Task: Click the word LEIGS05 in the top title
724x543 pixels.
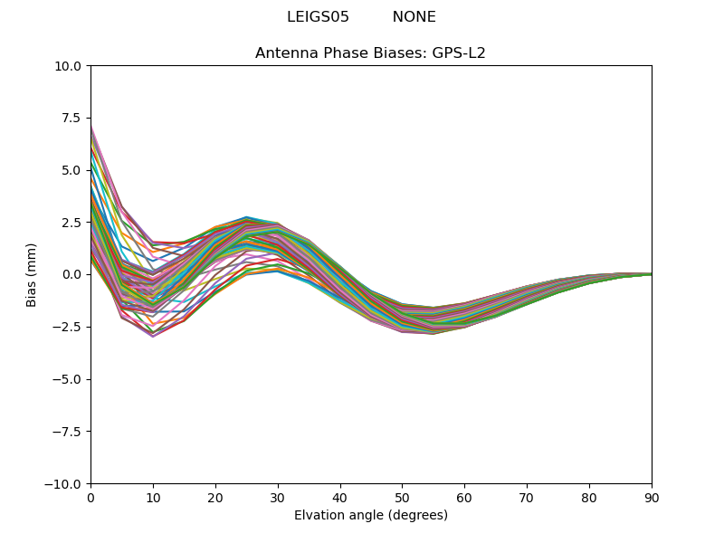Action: [x=318, y=17]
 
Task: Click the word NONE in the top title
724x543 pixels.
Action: [x=414, y=17]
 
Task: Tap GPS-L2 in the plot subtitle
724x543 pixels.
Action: [x=458, y=53]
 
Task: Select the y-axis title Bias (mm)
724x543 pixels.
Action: [x=32, y=274]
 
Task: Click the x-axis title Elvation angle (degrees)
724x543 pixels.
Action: [x=370, y=516]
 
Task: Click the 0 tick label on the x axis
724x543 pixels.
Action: [x=90, y=498]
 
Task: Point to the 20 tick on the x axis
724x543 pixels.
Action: [x=215, y=498]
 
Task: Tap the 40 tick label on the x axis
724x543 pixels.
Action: [x=340, y=498]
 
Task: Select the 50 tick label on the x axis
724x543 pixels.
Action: [x=402, y=498]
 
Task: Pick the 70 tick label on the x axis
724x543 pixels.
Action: [x=527, y=498]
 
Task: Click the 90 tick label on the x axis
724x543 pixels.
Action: [x=652, y=498]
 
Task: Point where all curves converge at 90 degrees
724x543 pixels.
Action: [x=651, y=274]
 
